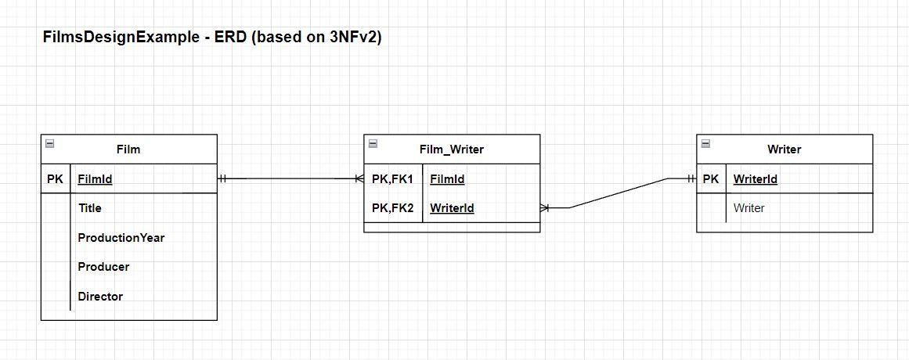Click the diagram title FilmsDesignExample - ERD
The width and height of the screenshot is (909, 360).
pyautogui.click(x=212, y=37)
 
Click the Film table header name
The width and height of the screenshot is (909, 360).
pyautogui.click(x=128, y=149)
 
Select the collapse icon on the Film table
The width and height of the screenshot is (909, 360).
pyautogui.click(x=49, y=143)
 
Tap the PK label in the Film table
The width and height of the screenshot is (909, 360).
pyautogui.click(x=55, y=179)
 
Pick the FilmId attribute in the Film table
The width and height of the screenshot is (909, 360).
pyautogui.click(x=95, y=179)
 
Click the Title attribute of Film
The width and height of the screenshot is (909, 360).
pyautogui.click(x=89, y=208)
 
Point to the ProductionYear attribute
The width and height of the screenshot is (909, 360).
pyautogui.click(x=121, y=238)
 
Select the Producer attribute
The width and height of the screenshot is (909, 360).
pyautogui.click(x=103, y=267)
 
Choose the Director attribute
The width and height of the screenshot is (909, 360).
pyautogui.click(x=100, y=297)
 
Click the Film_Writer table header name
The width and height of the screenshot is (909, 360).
pyautogui.click(x=452, y=149)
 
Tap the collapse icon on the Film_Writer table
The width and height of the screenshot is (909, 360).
pyautogui.click(x=373, y=143)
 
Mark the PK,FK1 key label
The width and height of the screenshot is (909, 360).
pyautogui.click(x=392, y=179)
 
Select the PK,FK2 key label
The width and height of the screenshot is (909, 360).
pyautogui.click(x=392, y=208)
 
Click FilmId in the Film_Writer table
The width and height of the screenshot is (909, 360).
pyautogui.click(x=447, y=179)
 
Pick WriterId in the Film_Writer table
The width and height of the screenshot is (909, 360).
pyautogui.click(x=452, y=208)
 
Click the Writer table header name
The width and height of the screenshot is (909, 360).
pyautogui.click(x=784, y=149)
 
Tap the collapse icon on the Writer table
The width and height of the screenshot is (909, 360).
pyautogui.click(x=705, y=143)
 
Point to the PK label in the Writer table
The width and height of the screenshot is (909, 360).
pyautogui.click(x=710, y=179)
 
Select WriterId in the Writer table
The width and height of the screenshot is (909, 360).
pyautogui.click(x=755, y=179)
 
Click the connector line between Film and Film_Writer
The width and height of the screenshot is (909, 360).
pyautogui.click(x=290, y=179)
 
